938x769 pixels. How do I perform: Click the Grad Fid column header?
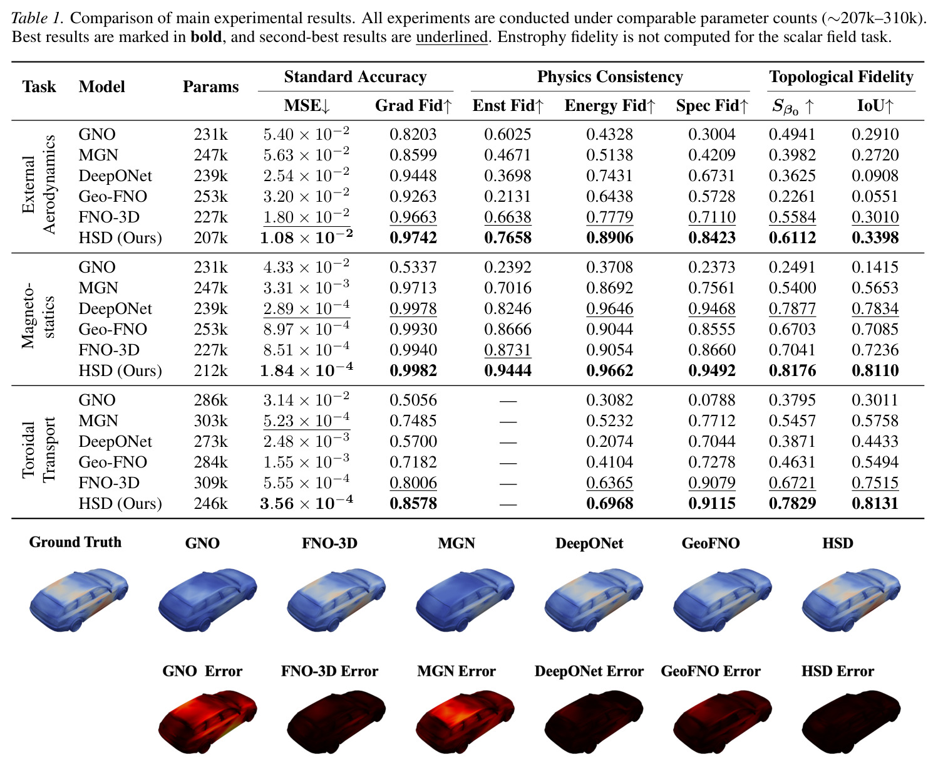pos(413,105)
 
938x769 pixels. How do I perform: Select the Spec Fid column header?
pos(712,105)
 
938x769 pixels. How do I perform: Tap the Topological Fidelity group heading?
pos(841,76)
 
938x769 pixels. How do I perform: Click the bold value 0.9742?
pos(413,238)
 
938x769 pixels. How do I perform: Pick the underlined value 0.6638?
pos(507,217)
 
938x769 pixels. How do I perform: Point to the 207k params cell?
pos(210,238)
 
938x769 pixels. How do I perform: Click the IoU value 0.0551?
pos(875,196)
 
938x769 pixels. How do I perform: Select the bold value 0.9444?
pos(507,370)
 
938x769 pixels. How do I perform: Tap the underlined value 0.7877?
pos(792,308)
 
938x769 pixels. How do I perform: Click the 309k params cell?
pos(210,482)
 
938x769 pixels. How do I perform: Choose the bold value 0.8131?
pos(875,503)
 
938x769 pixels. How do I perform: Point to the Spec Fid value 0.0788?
pos(711,399)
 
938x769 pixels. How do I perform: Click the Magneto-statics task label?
pos(38,316)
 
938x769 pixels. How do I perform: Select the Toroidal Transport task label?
pos(38,450)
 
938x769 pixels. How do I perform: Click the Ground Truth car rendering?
pos(79,599)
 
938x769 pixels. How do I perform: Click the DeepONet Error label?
pos(589,671)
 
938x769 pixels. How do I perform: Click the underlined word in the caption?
pos(452,36)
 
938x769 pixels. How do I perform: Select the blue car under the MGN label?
pos(465,599)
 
